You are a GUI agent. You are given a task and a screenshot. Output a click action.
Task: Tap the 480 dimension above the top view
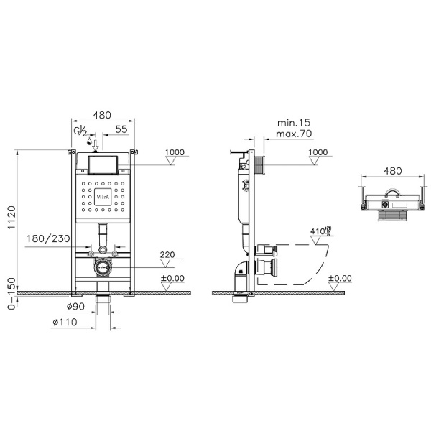[392, 171]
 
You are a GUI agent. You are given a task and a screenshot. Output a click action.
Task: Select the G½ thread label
[81, 131]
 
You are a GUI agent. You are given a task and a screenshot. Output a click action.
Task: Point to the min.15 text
[293, 123]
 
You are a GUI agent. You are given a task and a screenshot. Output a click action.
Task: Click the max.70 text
[293, 133]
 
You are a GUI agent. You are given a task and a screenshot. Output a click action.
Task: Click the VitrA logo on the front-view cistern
[103, 195]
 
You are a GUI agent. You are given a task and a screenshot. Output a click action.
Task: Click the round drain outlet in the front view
[103, 266]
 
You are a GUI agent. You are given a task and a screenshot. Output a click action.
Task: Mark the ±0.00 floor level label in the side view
[340, 278]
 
